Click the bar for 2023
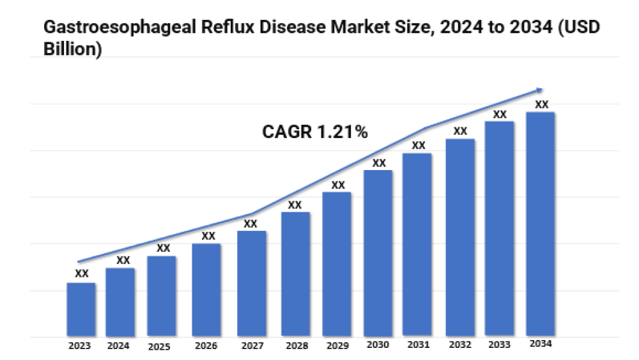pos(81,309)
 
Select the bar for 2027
pos(251,283)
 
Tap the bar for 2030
pos(378,253)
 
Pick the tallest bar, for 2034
pos(540,224)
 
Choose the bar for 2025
pos(162,296)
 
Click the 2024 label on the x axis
pos(118,346)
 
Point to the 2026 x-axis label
pos(206,346)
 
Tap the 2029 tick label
pos(337,346)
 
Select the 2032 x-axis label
pos(459,345)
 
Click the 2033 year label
pos(499,345)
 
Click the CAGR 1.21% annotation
pos(315,132)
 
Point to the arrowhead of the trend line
pos(540,90)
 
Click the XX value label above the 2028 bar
pos(295,205)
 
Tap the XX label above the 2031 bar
pos(419,146)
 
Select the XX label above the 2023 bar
pos(82,274)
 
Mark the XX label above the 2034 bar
pos(541,105)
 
